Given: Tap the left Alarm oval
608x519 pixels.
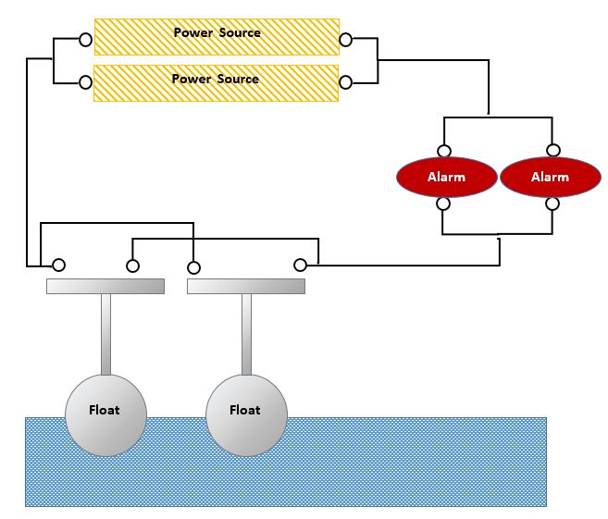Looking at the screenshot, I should [x=446, y=177].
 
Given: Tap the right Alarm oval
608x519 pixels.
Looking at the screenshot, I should [x=550, y=177].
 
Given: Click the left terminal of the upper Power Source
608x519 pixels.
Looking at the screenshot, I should [x=85, y=40].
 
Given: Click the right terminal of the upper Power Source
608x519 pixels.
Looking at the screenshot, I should [x=346, y=40].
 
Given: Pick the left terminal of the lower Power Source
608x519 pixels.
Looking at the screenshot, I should [x=85, y=82].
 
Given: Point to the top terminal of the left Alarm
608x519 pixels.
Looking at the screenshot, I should [x=444, y=151].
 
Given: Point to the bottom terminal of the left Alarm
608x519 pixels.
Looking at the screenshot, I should [x=444, y=204].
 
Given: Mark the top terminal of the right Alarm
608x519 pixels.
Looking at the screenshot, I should [x=552, y=151].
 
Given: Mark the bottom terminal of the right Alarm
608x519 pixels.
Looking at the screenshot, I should [x=552, y=204].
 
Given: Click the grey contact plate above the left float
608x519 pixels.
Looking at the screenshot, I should [x=105, y=286].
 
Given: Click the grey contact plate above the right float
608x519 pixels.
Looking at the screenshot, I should [x=246, y=287].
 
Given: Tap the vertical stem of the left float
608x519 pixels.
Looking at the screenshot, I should [x=105, y=333].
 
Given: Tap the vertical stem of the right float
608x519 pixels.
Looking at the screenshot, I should [x=246, y=333].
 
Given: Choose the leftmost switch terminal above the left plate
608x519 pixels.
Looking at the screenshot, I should [x=58, y=266].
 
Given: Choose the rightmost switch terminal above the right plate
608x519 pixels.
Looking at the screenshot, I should [x=300, y=266].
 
